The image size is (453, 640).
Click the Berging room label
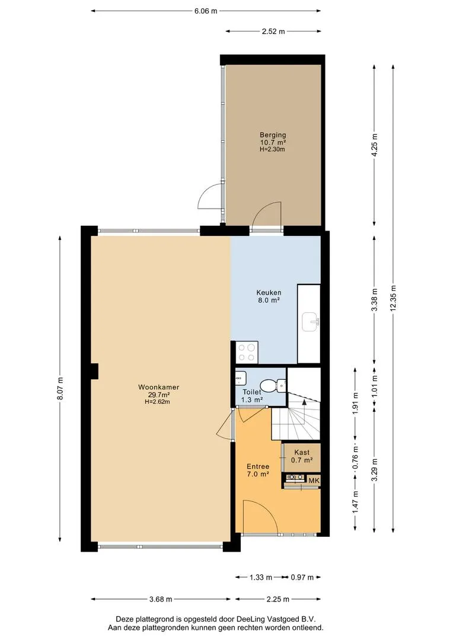coord(273,135)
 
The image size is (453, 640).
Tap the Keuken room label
coord(269,293)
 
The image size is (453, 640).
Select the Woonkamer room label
coord(158,388)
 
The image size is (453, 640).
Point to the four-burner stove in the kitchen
coord(247,353)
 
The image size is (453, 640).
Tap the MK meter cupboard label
coord(314,481)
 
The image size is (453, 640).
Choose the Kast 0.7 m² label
coord(302,456)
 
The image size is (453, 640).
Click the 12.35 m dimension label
coord(393,297)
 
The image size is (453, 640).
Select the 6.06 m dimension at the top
coord(206,11)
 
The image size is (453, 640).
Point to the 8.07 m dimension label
coord(60,388)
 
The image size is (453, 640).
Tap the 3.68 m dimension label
coord(161,599)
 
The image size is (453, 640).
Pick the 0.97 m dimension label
coord(302,577)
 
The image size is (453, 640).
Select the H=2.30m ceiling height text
coord(272,149)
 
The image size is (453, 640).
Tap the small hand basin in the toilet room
coord(240,378)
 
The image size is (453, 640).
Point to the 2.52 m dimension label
coord(273,31)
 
